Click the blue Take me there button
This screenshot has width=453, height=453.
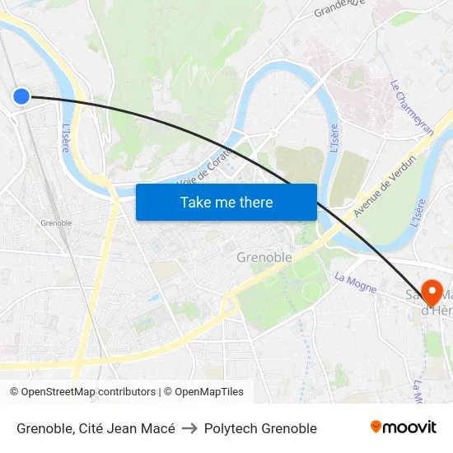click(x=226, y=202)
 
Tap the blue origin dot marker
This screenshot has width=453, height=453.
click(x=21, y=96)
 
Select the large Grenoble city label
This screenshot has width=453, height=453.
click(x=264, y=257)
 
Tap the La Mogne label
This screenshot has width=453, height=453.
click(x=355, y=283)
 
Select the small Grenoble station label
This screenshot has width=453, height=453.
click(x=56, y=222)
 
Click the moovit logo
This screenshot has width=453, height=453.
click(x=404, y=427)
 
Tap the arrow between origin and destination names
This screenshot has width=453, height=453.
click(x=189, y=428)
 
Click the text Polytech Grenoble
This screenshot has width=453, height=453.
click(x=260, y=428)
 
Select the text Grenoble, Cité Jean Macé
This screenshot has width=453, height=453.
click(x=96, y=428)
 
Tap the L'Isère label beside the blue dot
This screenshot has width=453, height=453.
click(x=66, y=138)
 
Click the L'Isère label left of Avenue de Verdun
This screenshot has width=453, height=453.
click(x=334, y=138)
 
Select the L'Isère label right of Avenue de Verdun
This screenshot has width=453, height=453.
click(x=418, y=212)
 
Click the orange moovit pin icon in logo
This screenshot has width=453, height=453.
click(x=376, y=427)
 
